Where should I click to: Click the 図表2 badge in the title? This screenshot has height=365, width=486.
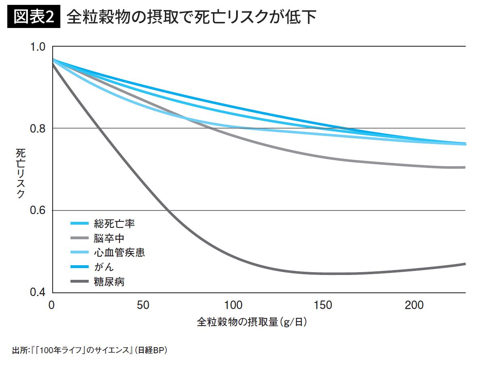[x=34, y=17]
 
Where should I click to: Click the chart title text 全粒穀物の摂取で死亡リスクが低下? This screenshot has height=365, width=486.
[x=191, y=17]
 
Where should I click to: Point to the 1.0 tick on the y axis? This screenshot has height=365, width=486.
[x=40, y=47]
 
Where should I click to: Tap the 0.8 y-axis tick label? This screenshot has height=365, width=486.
[x=40, y=129]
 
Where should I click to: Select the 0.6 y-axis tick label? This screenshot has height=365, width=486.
[x=40, y=210]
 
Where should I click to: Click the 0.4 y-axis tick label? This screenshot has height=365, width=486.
[x=40, y=292]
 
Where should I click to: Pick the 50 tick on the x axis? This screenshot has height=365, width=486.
[x=143, y=305]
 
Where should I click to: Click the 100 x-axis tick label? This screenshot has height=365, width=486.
[x=234, y=305]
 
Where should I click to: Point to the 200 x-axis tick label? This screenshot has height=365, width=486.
[x=416, y=305]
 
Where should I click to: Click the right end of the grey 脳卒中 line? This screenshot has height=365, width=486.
[x=465, y=167]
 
